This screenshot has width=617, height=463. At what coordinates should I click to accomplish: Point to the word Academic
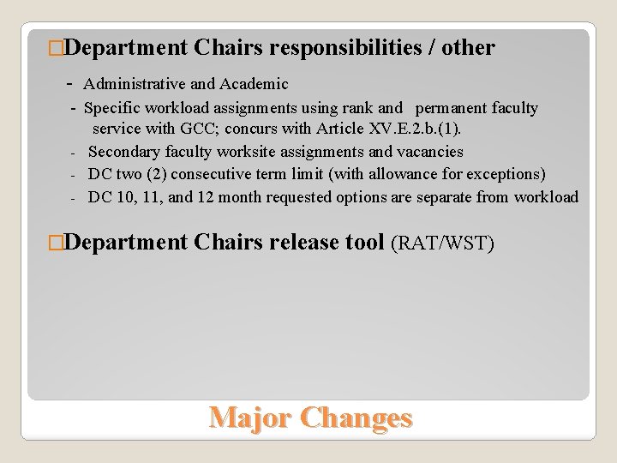pyautogui.click(x=254, y=84)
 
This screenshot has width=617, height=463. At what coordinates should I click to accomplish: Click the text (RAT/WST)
pyautogui.click(x=442, y=244)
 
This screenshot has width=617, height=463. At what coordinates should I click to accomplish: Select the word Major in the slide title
pyautogui.click(x=249, y=418)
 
